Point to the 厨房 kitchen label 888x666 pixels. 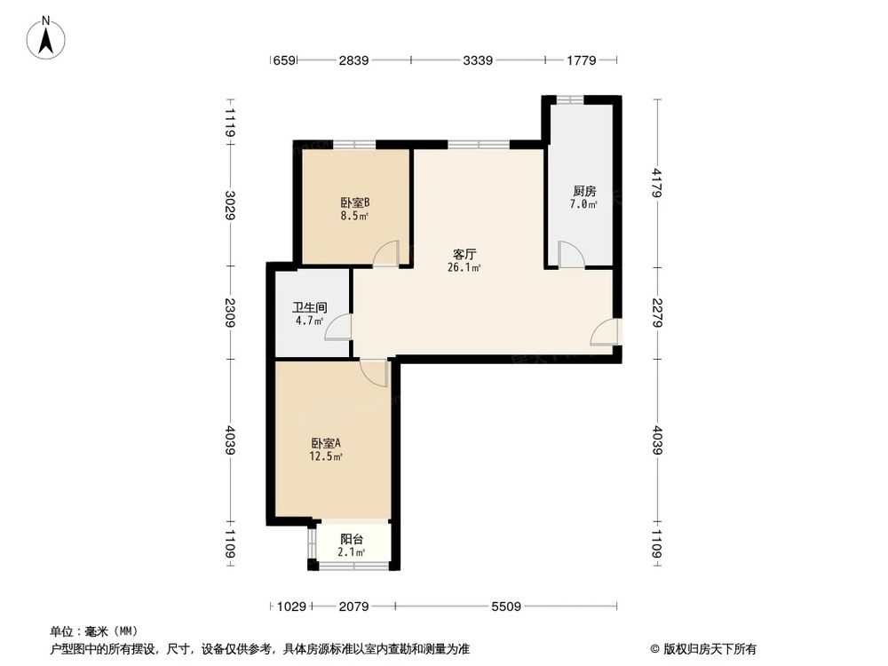[x=583, y=191]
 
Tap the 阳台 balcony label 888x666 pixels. [x=353, y=539]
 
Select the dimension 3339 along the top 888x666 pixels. [x=477, y=60]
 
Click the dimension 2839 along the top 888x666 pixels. [x=353, y=60]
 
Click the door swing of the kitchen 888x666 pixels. [x=570, y=254]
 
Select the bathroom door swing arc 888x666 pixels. [x=337, y=328]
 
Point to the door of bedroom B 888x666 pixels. [x=386, y=254]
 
